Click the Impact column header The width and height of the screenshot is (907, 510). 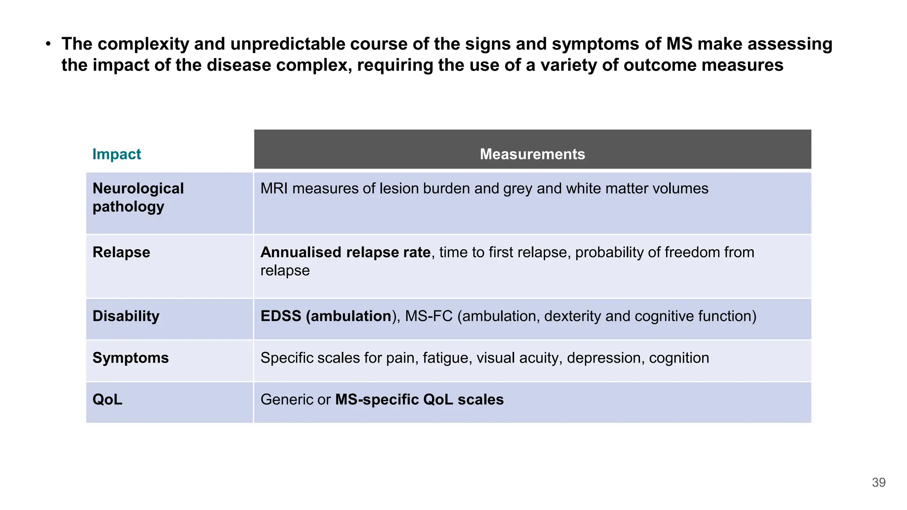116,154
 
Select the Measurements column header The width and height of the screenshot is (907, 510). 532,154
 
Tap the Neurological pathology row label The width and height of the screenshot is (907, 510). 138,197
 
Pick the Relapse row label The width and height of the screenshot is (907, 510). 121,252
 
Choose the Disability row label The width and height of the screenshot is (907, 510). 126,316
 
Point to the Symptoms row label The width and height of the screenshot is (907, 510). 131,358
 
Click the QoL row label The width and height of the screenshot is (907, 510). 107,399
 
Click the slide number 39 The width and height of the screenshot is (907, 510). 879,483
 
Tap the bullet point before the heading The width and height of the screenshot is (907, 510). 48,44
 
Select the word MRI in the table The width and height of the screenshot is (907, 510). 274,189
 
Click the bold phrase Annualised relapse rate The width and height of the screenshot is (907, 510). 345,252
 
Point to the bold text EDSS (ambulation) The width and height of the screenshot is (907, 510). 326,316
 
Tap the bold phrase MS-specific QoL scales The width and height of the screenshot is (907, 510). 419,399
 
